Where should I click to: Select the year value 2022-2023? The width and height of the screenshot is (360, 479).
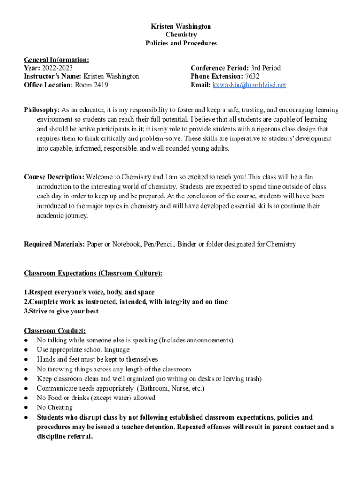[57, 68]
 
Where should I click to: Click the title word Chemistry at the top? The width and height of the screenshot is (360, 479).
[181, 35]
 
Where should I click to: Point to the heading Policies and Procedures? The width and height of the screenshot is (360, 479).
[181, 43]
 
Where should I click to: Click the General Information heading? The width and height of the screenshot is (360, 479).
[57, 59]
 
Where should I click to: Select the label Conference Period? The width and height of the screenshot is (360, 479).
[219, 68]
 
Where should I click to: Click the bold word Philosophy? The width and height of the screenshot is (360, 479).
[42, 110]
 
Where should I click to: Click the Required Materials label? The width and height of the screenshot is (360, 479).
[54, 244]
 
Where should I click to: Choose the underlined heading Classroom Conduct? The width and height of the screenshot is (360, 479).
[55, 331]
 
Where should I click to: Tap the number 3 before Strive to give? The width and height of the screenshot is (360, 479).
[26, 311]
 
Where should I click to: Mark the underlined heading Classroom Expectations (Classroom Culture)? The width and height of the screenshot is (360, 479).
[93, 273]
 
